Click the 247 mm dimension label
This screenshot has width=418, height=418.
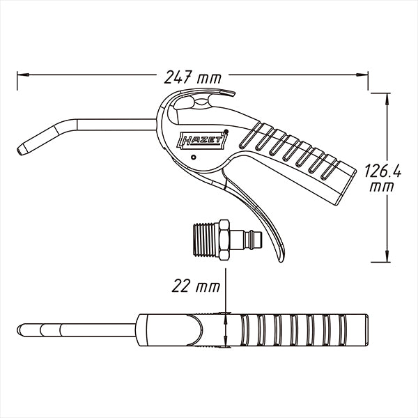(x=193, y=77)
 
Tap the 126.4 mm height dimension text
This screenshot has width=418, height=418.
(x=382, y=178)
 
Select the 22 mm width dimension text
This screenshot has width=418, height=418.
(x=196, y=286)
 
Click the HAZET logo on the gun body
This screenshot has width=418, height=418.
(x=202, y=140)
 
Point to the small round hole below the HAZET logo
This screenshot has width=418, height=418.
(x=194, y=157)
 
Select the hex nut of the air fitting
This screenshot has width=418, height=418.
(x=224, y=240)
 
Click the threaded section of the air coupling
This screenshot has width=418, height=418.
(x=206, y=240)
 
